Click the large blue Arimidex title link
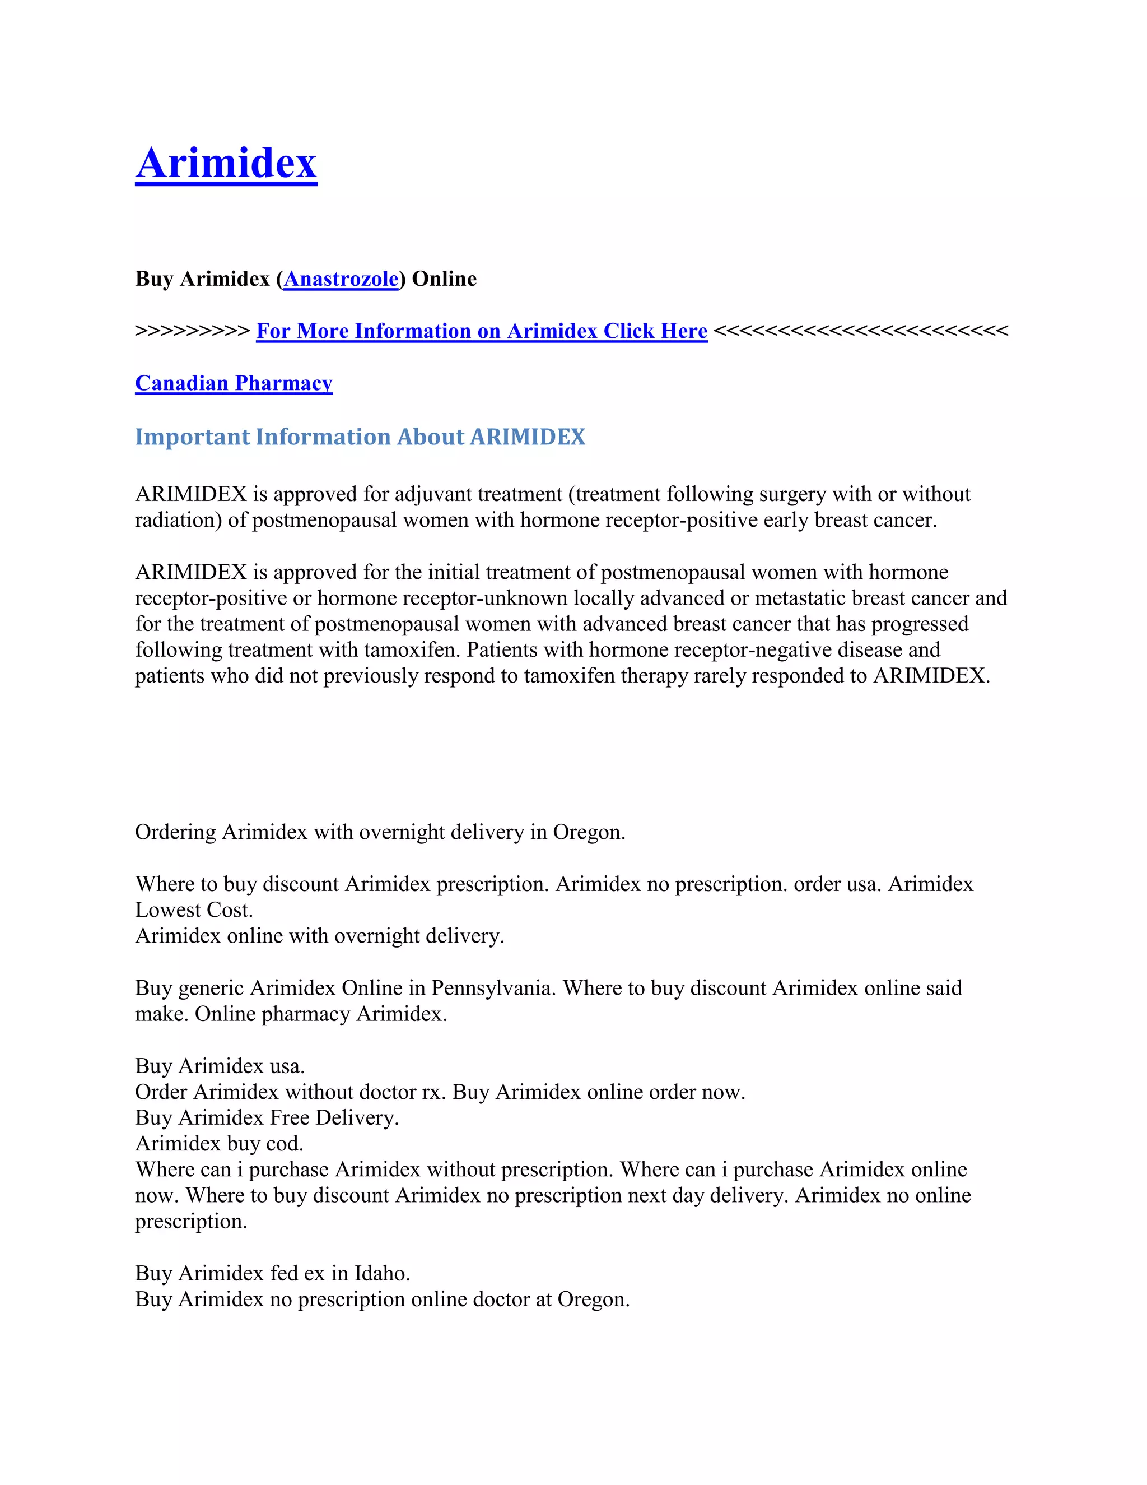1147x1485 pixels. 226,163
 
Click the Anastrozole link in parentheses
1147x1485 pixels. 341,279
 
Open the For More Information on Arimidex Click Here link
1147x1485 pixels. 482,331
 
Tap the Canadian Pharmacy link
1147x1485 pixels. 234,383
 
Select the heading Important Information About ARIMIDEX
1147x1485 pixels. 360,437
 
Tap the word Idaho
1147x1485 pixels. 382,1274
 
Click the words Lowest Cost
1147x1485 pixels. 194,911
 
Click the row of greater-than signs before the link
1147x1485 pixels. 192,331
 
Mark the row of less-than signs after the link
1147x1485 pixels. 861,331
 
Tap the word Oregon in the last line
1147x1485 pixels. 593,1300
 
